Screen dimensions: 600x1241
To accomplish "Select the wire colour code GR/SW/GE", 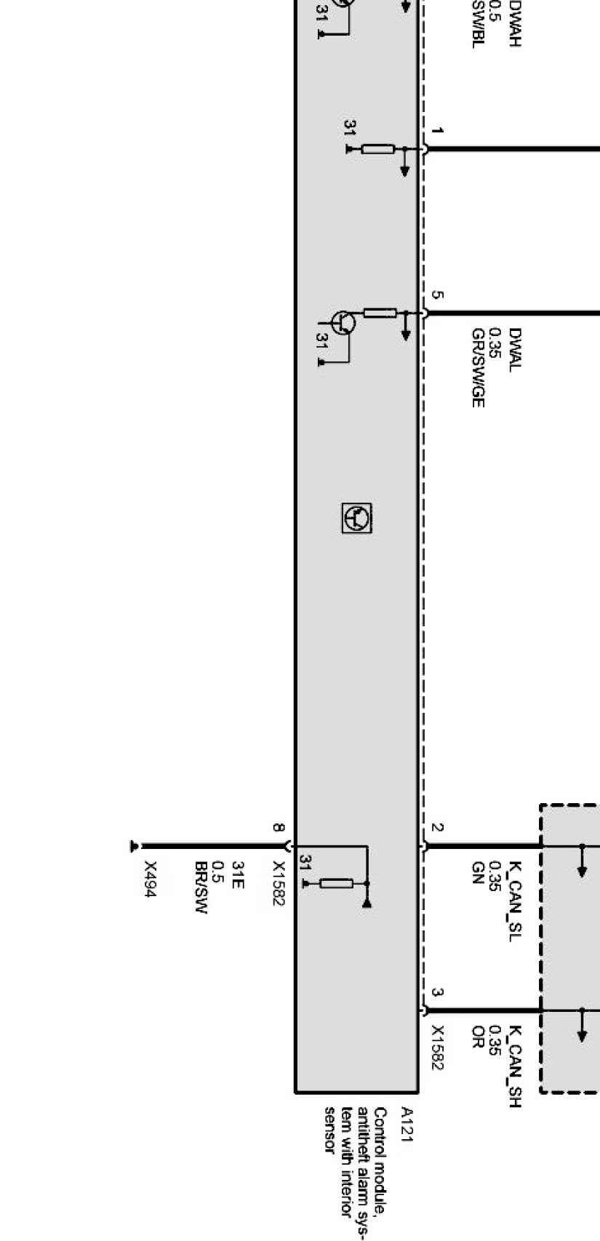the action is pyautogui.click(x=478, y=367).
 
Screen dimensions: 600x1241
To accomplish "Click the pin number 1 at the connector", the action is pyautogui.click(x=436, y=131).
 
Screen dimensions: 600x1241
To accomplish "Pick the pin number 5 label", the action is pyautogui.click(x=436, y=295).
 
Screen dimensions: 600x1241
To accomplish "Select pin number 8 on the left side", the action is pyautogui.click(x=279, y=827).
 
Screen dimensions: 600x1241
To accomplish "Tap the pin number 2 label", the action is pyautogui.click(x=436, y=828).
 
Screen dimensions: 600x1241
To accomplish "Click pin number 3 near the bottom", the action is pyautogui.click(x=436, y=992).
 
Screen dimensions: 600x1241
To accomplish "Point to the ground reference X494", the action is pyautogui.click(x=151, y=879).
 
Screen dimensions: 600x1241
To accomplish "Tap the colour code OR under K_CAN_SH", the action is pyautogui.click(x=478, y=1034).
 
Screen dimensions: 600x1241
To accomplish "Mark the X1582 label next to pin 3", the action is pyautogui.click(x=437, y=1048).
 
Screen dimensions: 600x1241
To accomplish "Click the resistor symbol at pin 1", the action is pyautogui.click(x=377, y=149).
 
